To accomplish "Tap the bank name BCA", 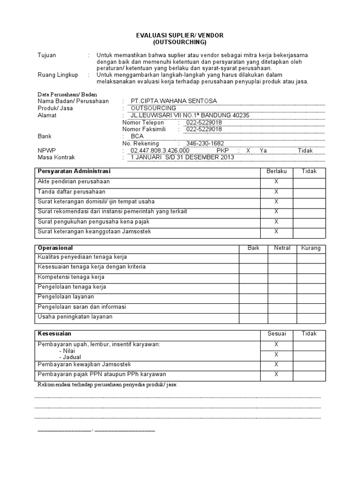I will (137, 136).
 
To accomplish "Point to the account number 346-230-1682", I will (205, 143).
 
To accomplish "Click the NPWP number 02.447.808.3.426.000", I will (160, 150).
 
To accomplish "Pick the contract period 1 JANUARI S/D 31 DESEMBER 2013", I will (182, 157).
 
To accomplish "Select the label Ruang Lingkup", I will (58, 75).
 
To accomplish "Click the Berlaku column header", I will (276, 172).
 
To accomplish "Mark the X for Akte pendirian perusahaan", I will (276, 181).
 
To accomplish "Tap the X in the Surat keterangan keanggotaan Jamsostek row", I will (276, 232).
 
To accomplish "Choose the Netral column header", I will (282, 248).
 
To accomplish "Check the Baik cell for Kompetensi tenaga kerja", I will (253, 277).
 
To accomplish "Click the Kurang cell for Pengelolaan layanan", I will (311, 297).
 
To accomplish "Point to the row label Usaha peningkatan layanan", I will (75, 317).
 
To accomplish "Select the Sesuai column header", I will (276, 334).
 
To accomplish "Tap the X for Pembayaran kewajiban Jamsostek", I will (276, 365).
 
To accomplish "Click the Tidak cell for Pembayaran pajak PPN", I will (309, 375).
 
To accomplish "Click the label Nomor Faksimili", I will (144, 129).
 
